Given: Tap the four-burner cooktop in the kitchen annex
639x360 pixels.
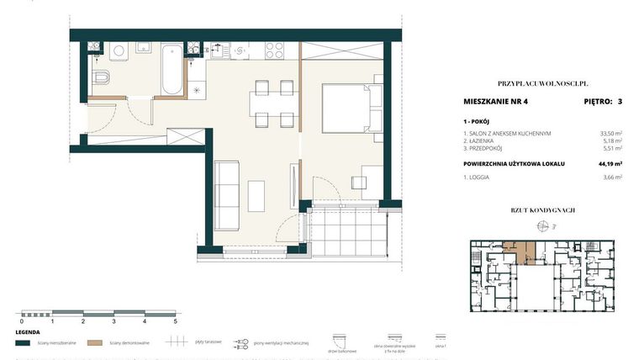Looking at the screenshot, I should (275, 50).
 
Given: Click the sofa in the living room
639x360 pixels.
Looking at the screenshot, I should (228, 194).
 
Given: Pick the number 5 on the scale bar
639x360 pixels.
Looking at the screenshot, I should (176, 321).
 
